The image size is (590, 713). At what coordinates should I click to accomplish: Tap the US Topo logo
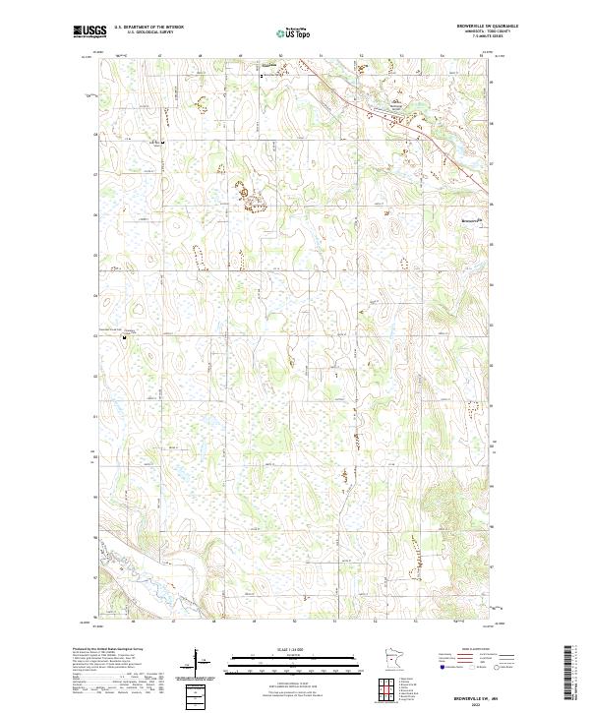coord(294,32)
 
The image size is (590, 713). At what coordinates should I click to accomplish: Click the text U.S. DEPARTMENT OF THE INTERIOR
coord(148,28)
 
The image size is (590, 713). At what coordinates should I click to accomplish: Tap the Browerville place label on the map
coord(473,221)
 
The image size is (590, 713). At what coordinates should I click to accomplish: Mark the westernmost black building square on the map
coord(124,336)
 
